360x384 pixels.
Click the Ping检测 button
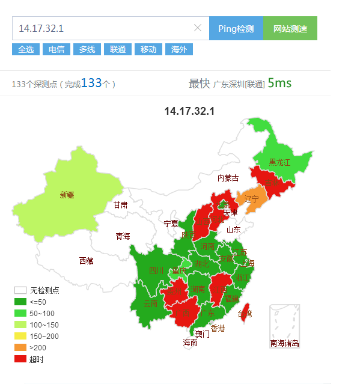[x=236, y=28]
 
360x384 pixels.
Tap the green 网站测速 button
[x=290, y=28]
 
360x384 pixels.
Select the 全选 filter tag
[x=26, y=49]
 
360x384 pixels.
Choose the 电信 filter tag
[x=56, y=49]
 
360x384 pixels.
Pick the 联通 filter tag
[x=118, y=49]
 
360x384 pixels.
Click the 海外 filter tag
[x=178, y=49]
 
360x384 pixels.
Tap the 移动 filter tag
[x=148, y=49]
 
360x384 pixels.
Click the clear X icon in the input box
[x=198, y=28]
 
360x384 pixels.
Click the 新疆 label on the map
[x=67, y=195]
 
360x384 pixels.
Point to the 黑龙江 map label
[x=279, y=162]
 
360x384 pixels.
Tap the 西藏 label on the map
[x=69, y=261]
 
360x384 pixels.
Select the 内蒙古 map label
[x=228, y=178]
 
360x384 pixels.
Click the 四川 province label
[x=156, y=270]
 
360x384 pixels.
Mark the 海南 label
[x=190, y=343]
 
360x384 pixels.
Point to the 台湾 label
[x=245, y=314]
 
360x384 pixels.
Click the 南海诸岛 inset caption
[x=284, y=344]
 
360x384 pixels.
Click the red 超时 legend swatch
[x=20, y=359]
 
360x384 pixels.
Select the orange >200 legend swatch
[x=20, y=348]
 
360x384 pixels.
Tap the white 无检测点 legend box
[x=20, y=290]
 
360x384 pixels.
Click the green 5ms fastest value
[x=279, y=83]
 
